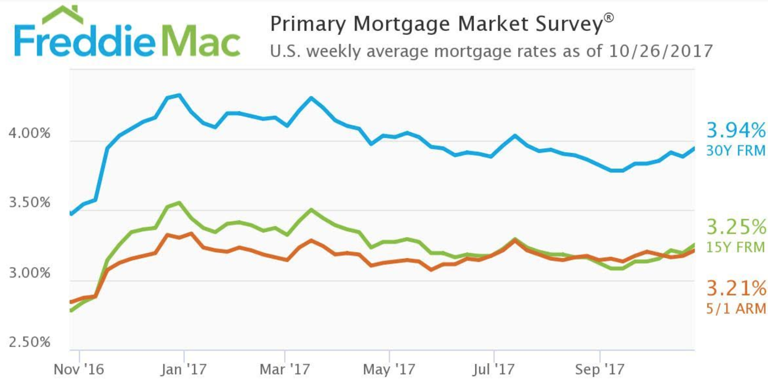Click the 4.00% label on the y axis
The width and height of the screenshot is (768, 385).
pos(30,133)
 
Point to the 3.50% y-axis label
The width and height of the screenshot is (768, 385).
pos(30,202)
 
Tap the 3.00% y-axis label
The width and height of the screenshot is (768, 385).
pos(30,273)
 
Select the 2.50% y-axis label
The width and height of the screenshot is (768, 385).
pos(30,342)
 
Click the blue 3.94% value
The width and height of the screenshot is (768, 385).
pos(736,130)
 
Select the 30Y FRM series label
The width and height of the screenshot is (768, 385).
pos(736,151)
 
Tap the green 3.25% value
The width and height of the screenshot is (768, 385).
pos(736,227)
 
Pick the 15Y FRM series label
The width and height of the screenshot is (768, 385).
pos(736,247)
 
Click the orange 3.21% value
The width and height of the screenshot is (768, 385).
pos(736,288)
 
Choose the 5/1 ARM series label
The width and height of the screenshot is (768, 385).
pos(736,308)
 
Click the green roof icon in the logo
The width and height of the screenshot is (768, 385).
pos(63,15)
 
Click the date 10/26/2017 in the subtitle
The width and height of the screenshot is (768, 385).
pos(660,51)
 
